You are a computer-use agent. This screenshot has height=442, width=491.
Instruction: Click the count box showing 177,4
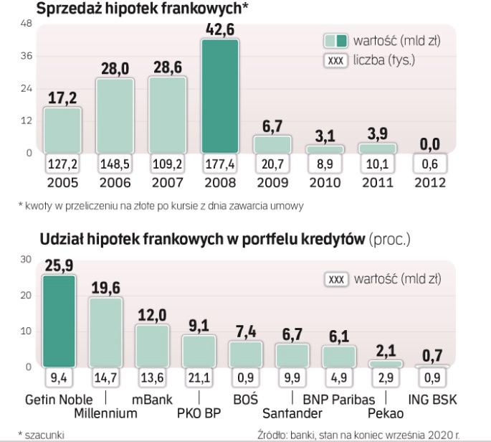(219, 164)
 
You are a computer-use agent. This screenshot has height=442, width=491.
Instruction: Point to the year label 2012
(430, 182)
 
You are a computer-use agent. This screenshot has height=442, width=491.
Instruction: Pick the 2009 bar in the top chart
(272, 144)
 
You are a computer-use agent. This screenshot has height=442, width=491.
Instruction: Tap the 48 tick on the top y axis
(27, 24)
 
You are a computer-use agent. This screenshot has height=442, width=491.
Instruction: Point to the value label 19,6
(106, 288)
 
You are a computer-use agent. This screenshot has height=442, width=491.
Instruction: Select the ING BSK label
(432, 399)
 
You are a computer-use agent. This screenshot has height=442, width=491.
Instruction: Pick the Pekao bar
(386, 364)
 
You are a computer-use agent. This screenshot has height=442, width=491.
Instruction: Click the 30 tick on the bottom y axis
(27, 259)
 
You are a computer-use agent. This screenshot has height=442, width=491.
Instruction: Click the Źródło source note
(373, 434)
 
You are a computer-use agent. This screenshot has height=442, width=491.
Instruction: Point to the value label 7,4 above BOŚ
(245, 331)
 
